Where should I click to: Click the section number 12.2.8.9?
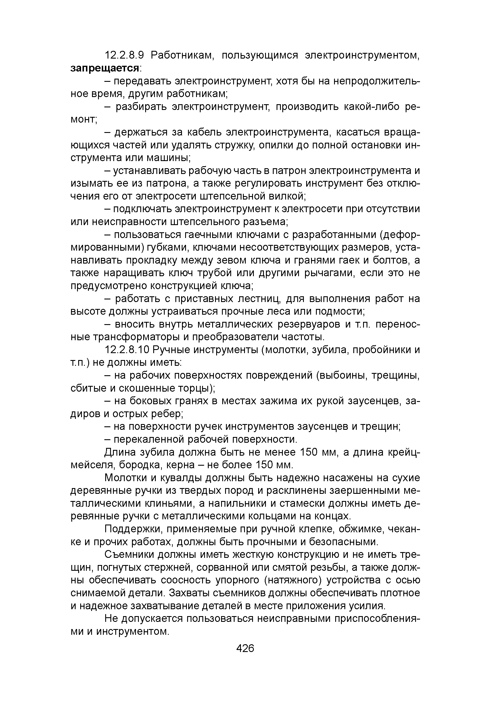click(x=124, y=55)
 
